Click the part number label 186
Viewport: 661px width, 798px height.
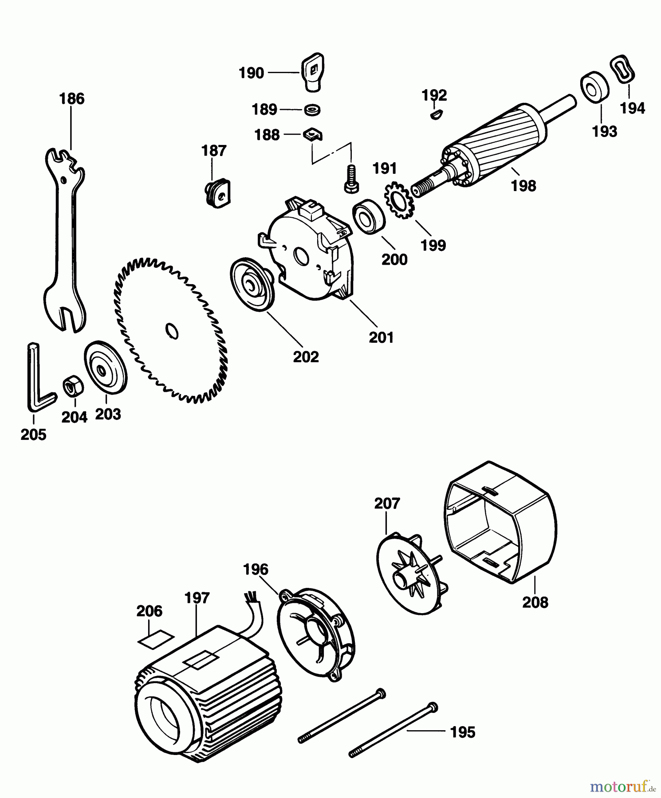point(72,98)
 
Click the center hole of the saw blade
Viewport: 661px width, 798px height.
point(172,331)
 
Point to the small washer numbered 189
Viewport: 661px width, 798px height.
point(313,109)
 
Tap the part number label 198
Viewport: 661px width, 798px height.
point(523,186)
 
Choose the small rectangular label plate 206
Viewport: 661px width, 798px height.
point(155,640)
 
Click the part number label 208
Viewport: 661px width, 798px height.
point(535,602)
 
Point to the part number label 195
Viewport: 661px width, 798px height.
point(463,732)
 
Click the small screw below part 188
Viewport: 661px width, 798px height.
point(350,180)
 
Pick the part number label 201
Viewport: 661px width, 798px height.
point(382,337)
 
